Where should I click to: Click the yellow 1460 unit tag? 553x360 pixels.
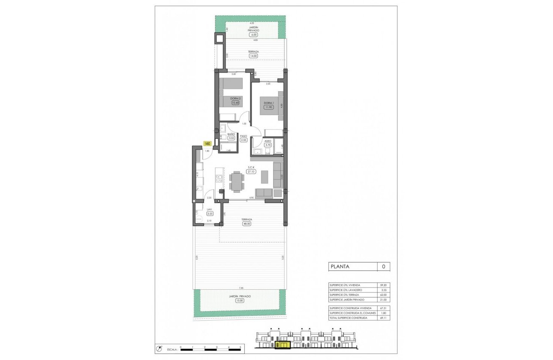(x=207, y=144)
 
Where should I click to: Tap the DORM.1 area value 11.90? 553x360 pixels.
(x=268, y=108)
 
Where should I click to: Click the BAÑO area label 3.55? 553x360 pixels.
(x=231, y=138)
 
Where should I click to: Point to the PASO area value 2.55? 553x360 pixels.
(x=243, y=140)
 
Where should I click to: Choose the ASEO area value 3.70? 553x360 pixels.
(x=268, y=145)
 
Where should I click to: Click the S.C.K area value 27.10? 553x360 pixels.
(x=251, y=171)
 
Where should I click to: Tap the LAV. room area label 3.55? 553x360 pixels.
(x=210, y=213)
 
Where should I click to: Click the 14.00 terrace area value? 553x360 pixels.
(x=253, y=56)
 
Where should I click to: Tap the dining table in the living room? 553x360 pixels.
(x=236, y=181)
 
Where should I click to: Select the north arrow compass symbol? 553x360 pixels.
(x=159, y=348)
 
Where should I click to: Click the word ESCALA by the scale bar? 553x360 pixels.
(x=170, y=349)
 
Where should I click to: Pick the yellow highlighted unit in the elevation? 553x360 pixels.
(x=283, y=344)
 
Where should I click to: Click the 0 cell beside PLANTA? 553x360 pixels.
(x=383, y=267)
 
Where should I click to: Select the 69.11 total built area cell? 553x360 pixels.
(x=384, y=318)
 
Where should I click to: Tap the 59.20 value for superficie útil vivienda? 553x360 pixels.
(x=384, y=285)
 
